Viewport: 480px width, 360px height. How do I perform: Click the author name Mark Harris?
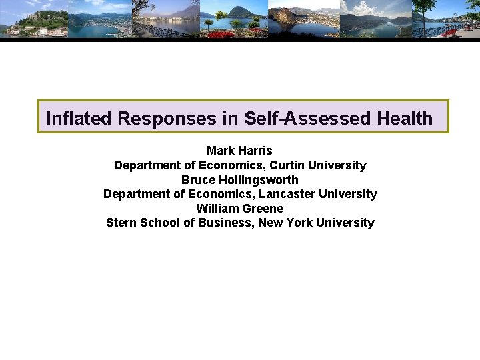coord(239,151)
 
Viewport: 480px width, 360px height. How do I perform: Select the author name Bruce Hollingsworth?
coord(239,180)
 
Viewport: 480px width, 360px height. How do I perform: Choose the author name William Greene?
coord(239,209)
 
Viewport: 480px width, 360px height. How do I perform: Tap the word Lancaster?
coord(287,194)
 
